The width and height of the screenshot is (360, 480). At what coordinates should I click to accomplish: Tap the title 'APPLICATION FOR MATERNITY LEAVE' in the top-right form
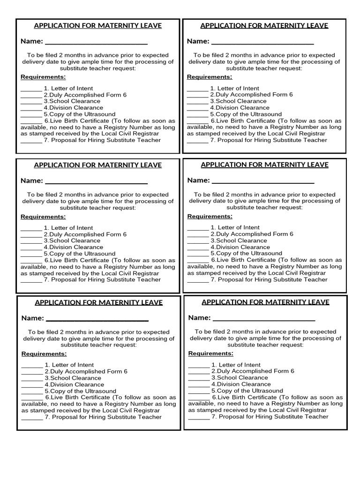click(x=264, y=26)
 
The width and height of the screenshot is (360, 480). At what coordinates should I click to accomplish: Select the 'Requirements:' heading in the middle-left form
click(x=43, y=217)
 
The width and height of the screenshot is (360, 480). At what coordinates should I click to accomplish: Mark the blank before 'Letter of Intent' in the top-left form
click(x=31, y=89)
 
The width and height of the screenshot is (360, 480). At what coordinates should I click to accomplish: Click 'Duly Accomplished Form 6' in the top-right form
click(x=254, y=95)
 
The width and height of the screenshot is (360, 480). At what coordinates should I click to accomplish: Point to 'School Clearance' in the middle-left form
click(x=75, y=240)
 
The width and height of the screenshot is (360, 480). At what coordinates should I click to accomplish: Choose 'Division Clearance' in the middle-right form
click(x=242, y=247)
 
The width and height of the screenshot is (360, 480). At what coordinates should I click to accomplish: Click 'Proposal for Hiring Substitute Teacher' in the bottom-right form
click(x=274, y=416)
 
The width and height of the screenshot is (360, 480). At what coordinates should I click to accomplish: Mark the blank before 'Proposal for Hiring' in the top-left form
click(x=31, y=141)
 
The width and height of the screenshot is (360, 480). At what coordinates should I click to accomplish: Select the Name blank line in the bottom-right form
click(x=264, y=319)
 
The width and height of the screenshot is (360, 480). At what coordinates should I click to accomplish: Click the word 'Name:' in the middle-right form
click(x=198, y=180)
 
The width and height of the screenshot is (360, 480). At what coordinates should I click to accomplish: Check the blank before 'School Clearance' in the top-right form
click(x=197, y=102)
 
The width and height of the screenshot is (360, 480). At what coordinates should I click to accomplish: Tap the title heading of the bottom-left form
click(x=98, y=303)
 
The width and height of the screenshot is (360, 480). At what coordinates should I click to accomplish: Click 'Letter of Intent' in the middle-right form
click(x=239, y=227)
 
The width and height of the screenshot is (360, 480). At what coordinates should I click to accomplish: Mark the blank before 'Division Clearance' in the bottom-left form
click(x=32, y=385)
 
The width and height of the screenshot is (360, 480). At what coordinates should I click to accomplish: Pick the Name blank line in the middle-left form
click(x=97, y=182)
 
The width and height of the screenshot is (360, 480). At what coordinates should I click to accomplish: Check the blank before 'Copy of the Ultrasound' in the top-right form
click(x=197, y=115)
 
